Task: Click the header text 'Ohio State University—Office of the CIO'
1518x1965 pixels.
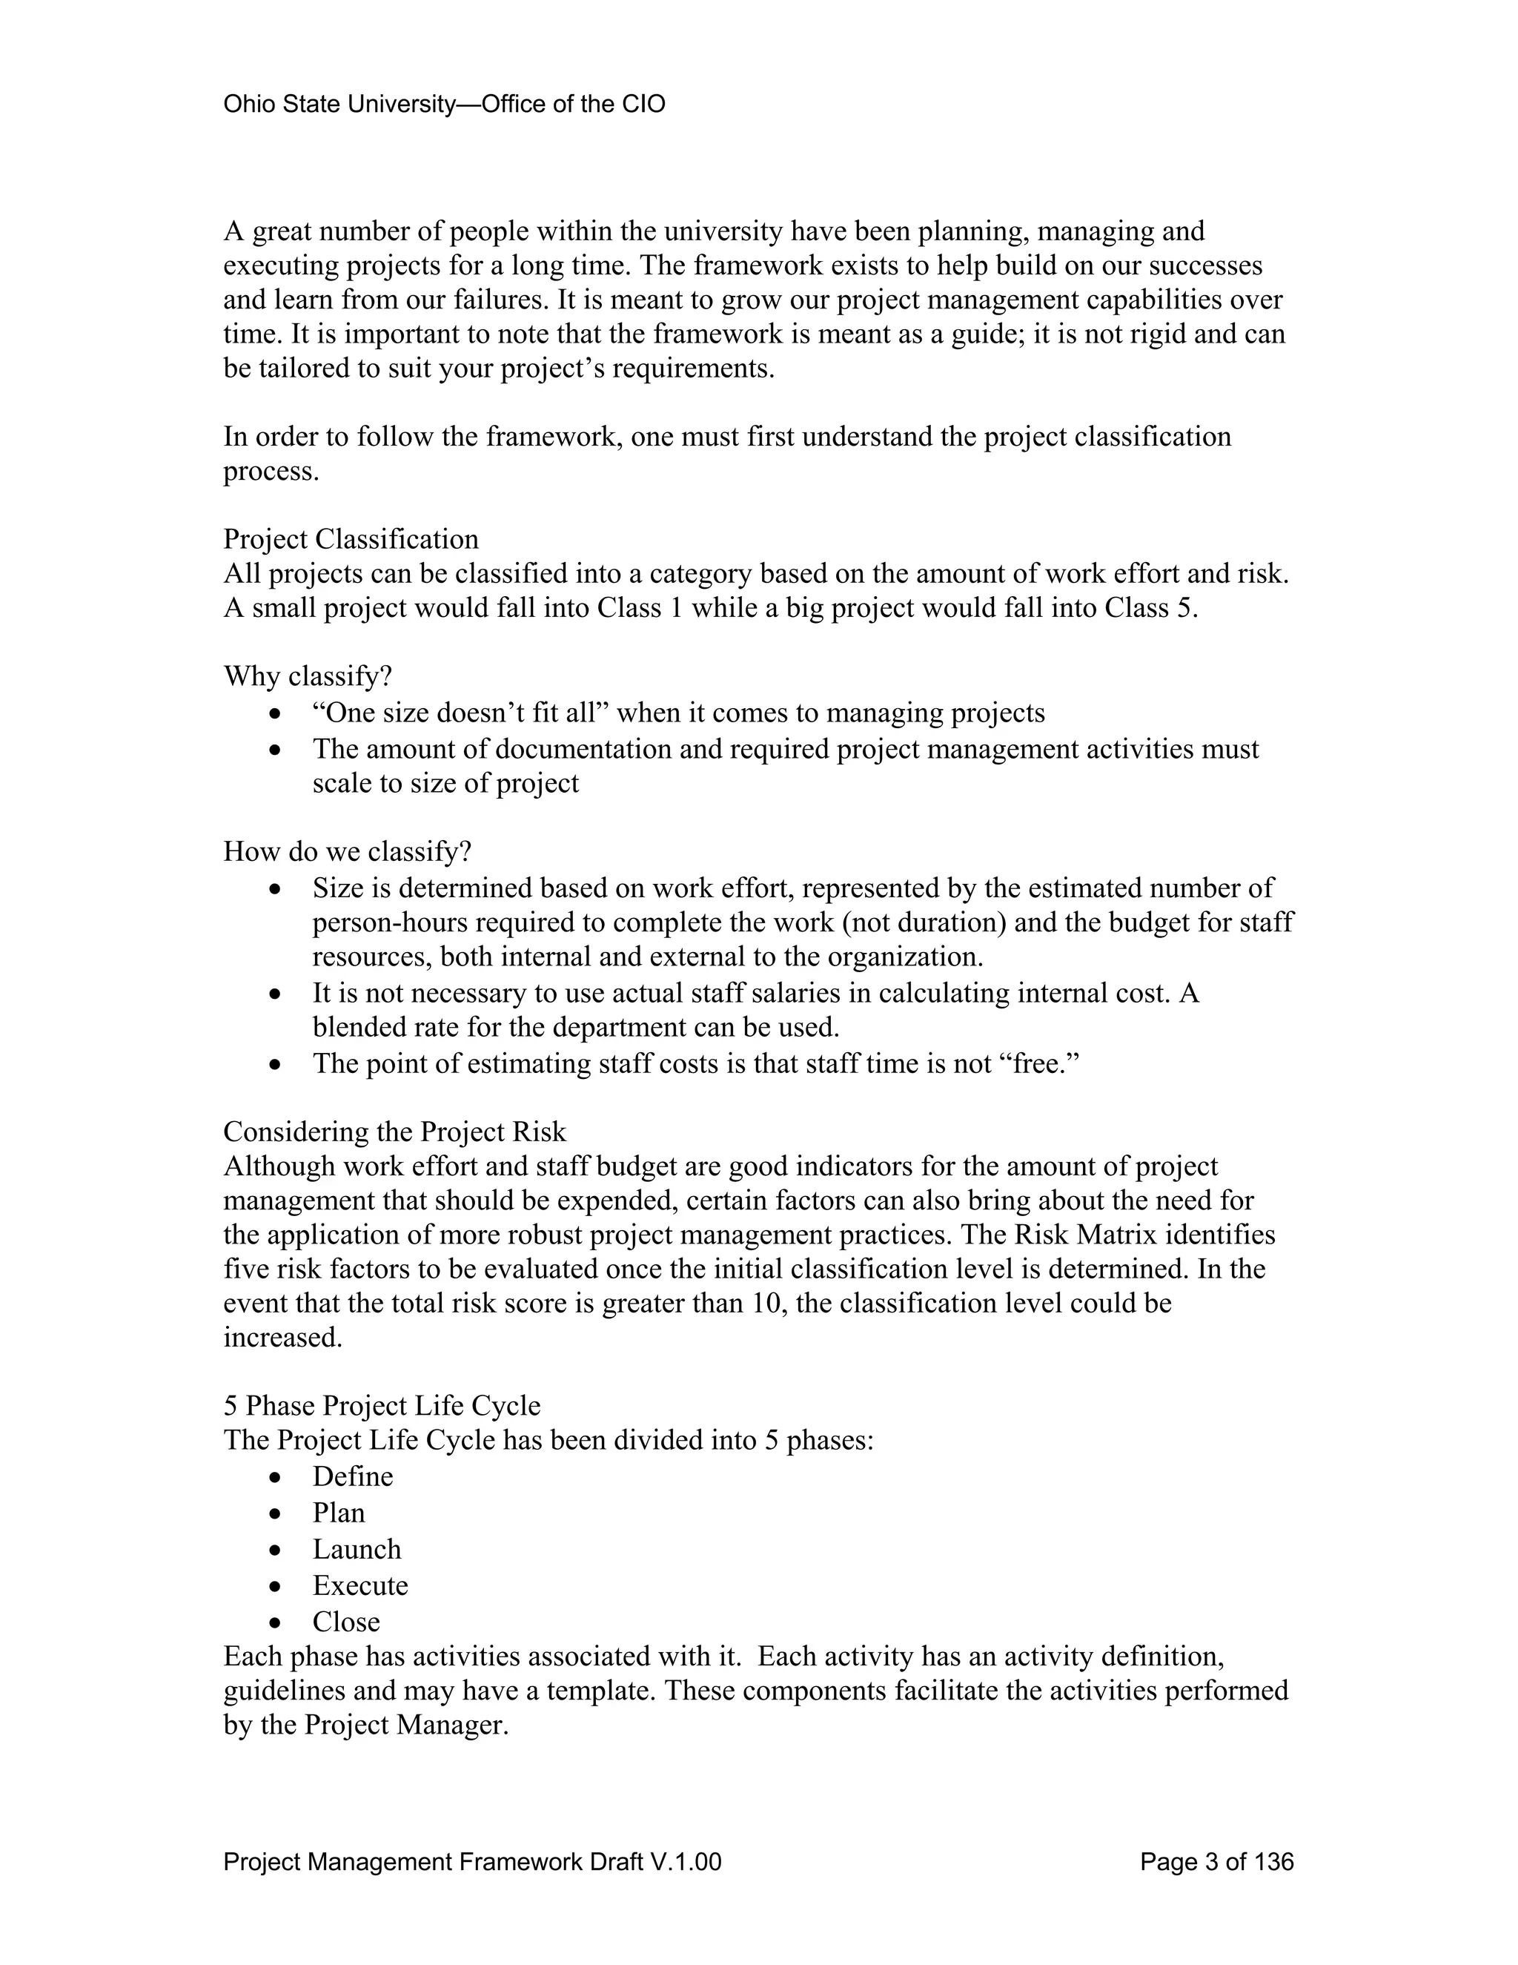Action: pos(444,105)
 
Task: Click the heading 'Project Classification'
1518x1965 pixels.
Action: pos(351,539)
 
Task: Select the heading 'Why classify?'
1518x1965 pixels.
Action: pos(308,676)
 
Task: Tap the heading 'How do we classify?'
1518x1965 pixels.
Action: pos(347,851)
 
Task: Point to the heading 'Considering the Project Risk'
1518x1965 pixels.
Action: pos(395,1131)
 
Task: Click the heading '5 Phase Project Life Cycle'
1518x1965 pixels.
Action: pos(382,1405)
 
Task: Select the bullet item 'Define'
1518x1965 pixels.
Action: pos(353,1476)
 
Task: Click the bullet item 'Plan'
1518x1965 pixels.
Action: pos(338,1513)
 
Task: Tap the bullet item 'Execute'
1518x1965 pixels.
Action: pos(359,1585)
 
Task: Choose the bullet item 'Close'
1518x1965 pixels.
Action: pos(346,1621)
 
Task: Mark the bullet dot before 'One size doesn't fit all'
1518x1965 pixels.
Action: pos(276,714)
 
